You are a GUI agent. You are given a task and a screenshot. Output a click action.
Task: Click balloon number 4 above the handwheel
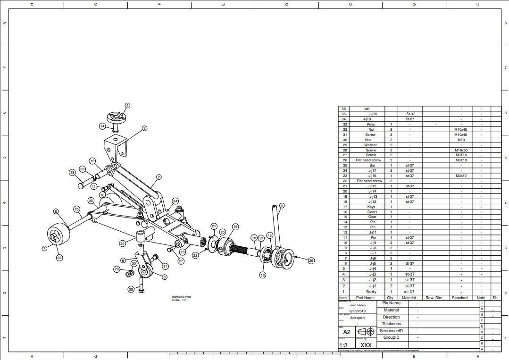coord(127,106)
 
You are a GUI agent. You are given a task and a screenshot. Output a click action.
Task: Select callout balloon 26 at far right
coord(311,260)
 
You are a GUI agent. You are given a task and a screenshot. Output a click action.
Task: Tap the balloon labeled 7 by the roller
coord(45,248)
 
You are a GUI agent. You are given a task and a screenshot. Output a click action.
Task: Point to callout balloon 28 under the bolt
coord(131,289)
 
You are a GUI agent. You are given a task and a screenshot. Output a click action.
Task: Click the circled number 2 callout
coord(159,177)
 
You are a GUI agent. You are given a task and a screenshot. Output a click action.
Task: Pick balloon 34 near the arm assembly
coord(175,201)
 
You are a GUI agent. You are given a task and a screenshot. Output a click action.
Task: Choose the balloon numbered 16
coord(263,275)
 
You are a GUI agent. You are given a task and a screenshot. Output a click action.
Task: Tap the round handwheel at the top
coord(115,117)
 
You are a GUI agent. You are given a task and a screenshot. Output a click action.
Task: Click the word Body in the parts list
coord(371,292)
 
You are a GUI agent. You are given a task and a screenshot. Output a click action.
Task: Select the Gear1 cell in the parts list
coord(372,212)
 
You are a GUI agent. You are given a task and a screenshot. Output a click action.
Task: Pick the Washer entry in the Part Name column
coord(370,145)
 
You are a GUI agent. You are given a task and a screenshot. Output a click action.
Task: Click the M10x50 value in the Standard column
coord(461,150)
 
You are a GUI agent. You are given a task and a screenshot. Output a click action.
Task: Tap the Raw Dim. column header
coord(435,298)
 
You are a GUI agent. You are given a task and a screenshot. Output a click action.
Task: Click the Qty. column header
coord(391,298)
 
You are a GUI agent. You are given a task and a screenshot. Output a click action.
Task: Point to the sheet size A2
coord(347,332)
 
